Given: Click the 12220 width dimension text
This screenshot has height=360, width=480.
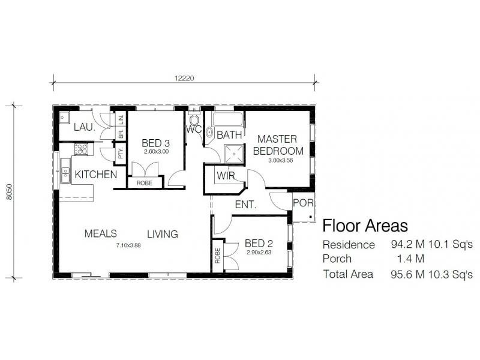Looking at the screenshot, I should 185,78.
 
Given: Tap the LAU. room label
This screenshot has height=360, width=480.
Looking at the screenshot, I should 83,128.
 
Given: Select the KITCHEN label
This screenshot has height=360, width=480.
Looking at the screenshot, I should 95,175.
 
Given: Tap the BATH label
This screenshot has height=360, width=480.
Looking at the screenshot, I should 229,135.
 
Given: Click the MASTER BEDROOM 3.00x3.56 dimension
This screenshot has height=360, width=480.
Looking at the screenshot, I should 278,160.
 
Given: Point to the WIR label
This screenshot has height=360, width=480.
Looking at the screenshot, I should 226,176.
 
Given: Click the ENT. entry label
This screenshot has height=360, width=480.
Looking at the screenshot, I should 245,205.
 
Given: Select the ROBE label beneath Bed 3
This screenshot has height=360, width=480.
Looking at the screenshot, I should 144,183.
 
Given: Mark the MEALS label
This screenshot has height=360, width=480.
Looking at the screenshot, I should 100,233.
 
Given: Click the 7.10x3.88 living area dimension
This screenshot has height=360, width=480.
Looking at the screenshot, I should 128,245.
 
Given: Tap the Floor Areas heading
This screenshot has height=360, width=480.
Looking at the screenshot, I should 365,226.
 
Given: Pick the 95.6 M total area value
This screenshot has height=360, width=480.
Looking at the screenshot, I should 404,274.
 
